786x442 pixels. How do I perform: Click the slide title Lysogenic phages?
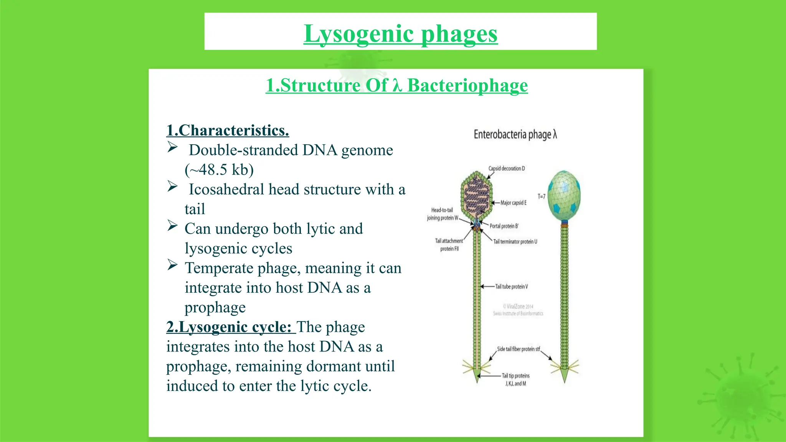click(400, 34)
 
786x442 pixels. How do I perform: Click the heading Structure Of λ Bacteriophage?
click(396, 85)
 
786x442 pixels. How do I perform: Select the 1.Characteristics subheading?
click(228, 130)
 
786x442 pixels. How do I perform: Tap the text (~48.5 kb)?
click(219, 170)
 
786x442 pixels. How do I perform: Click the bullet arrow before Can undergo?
click(172, 226)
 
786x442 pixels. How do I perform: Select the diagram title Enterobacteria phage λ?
click(515, 134)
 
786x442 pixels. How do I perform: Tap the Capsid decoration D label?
click(506, 168)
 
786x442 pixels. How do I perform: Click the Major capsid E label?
click(514, 203)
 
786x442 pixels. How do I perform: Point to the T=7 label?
click(541, 196)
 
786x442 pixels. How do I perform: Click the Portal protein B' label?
click(504, 226)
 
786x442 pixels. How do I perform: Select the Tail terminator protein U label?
click(515, 242)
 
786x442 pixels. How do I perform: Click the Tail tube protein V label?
click(511, 287)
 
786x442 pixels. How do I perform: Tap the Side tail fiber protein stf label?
click(518, 349)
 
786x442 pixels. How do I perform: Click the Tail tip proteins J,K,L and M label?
click(515, 379)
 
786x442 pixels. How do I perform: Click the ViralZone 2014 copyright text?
click(518, 307)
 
